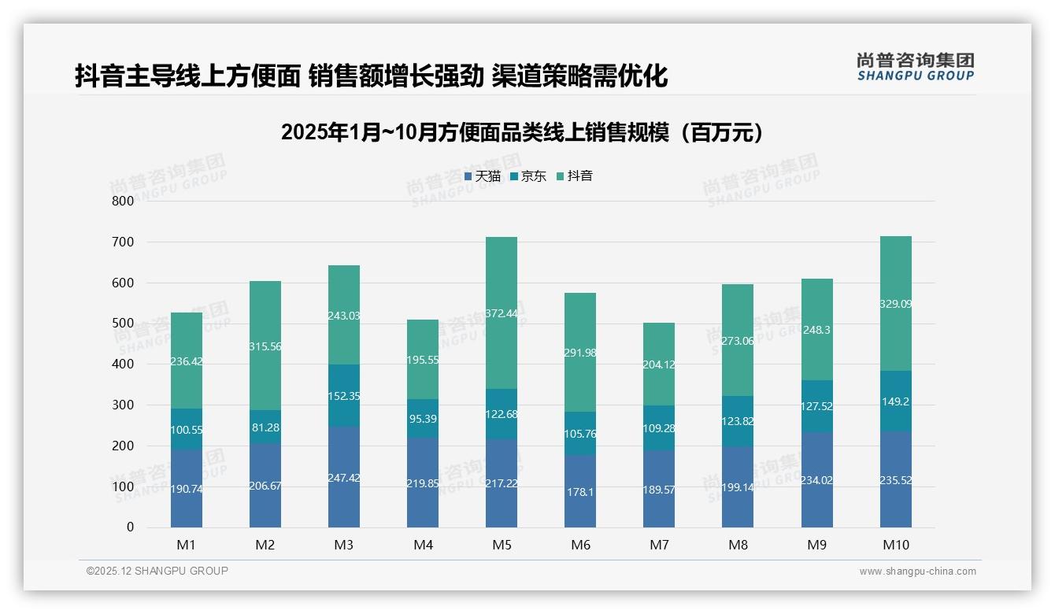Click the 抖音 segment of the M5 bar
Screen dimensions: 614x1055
pos(502,313)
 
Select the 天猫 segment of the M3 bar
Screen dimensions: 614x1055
pos(344,476)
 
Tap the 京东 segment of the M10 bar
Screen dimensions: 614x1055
pos(895,401)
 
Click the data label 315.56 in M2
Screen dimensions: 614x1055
pos(265,346)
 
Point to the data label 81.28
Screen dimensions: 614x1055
pos(265,427)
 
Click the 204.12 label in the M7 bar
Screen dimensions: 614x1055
pos(659,364)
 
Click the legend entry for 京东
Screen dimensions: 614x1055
pos(528,176)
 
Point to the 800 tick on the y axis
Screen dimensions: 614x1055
pos(123,201)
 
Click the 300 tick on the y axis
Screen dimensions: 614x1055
pos(123,405)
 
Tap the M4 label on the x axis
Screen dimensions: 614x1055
pos(423,545)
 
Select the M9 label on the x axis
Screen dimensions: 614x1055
pos(816,545)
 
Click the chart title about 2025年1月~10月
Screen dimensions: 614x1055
pos(521,132)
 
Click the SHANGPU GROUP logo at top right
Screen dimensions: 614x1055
pos(915,67)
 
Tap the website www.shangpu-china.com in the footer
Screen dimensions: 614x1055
pos(917,571)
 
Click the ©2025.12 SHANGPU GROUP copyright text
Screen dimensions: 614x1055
pos(157,571)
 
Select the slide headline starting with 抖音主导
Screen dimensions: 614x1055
pos(371,76)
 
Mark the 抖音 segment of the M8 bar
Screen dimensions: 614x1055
pos(738,340)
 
